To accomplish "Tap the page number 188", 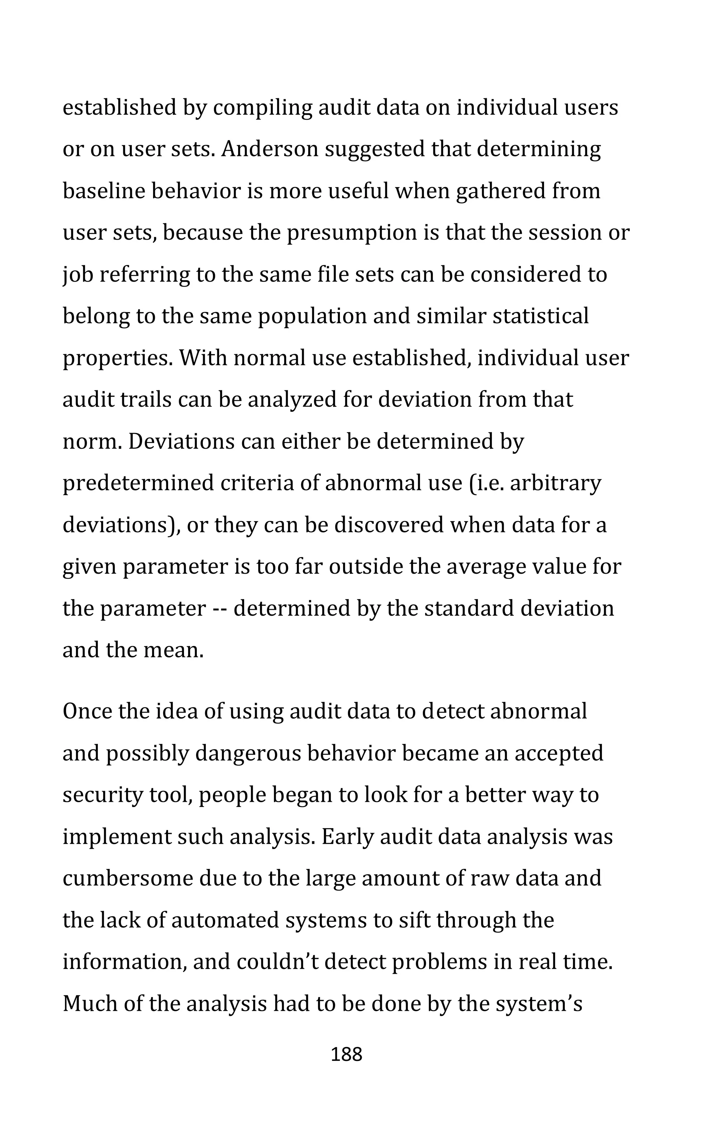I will [x=346, y=1055].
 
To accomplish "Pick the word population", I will [x=312, y=316].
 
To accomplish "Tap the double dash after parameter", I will [x=220, y=608].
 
